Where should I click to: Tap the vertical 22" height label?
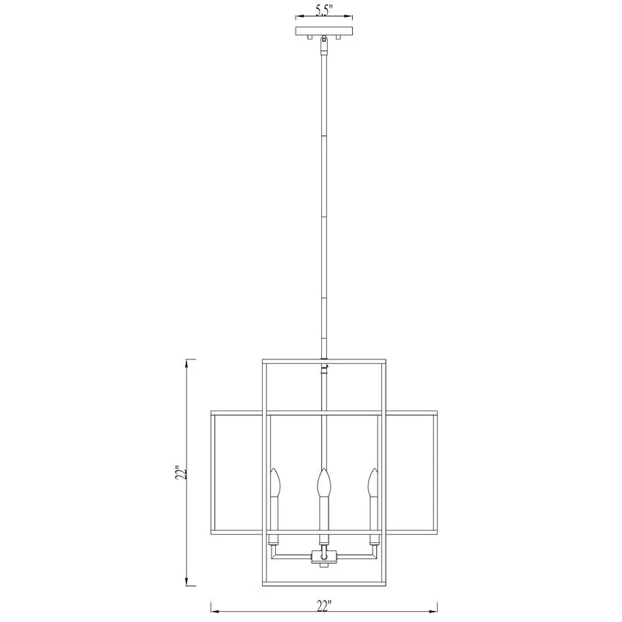tap(181, 472)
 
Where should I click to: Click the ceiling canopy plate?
tap(324, 31)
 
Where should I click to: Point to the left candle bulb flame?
tap(275, 482)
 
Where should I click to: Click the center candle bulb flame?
tap(324, 482)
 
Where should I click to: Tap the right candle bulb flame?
tap(373, 482)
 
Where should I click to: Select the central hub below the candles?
tap(324, 557)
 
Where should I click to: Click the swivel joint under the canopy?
tap(324, 45)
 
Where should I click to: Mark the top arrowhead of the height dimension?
tap(187, 362)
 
